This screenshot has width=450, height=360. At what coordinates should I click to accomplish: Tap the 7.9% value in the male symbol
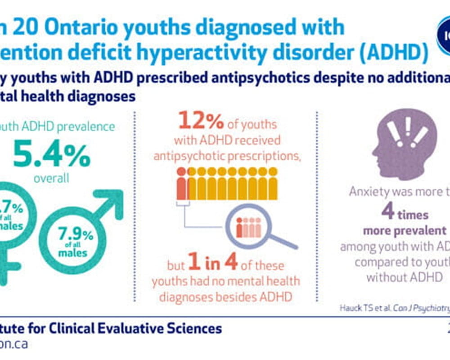pyautogui.click(x=76, y=234)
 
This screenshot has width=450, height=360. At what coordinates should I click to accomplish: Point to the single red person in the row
pyautogui.click(x=181, y=184)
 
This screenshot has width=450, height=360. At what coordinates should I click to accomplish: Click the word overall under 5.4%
pyautogui.click(x=51, y=178)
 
